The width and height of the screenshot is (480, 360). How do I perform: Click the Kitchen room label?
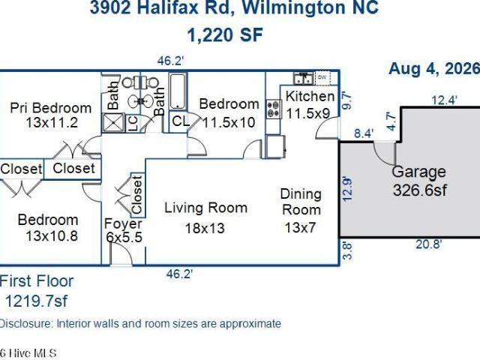310,96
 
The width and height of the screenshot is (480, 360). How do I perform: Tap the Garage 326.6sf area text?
419,190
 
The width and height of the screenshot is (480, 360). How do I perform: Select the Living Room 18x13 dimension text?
205,228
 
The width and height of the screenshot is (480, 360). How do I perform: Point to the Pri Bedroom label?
51,108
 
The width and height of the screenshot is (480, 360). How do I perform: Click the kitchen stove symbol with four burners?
274,109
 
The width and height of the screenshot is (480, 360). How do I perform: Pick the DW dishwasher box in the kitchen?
322,78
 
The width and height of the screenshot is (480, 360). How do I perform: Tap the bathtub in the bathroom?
178,91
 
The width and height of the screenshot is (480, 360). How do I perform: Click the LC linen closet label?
133,123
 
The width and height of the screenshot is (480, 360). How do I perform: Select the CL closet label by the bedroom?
181,121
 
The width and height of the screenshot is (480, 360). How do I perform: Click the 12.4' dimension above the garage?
445,100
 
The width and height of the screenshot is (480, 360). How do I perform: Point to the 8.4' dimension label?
364,133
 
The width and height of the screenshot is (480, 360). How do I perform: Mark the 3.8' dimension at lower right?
347,251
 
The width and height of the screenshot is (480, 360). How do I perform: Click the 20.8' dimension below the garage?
428,244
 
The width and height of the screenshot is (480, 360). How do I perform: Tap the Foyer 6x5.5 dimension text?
124,237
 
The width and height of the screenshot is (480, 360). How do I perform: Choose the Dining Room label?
301,202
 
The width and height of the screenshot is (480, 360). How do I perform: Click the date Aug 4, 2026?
434,68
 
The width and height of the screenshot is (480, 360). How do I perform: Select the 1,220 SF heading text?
225,34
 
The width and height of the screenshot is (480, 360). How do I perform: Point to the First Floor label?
37,281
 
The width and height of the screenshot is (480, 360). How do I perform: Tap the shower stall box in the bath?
113,123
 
